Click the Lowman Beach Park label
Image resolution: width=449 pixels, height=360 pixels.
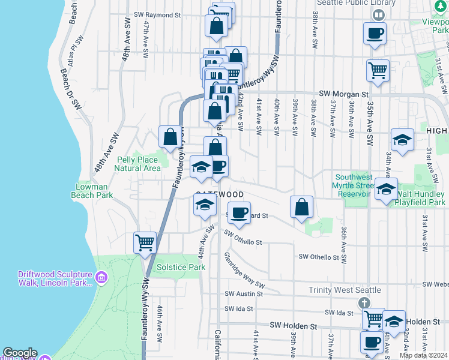(x=95, y=191)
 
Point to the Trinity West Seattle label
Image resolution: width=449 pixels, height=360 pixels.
(x=345, y=290)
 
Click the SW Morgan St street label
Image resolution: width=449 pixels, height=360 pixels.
(x=343, y=94)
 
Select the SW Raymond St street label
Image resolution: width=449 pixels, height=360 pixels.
(x=157, y=14)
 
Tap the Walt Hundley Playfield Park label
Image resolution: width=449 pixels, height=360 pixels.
(x=420, y=199)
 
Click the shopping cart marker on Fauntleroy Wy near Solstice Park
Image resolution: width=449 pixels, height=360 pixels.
(x=145, y=244)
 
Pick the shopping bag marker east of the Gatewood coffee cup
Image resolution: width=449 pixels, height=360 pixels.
(x=302, y=208)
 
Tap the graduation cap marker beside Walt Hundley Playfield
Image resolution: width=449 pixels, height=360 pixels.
(x=387, y=189)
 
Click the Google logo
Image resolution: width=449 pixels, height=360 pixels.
(x=20, y=353)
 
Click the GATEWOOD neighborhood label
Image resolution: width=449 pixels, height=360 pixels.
(x=219, y=195)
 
